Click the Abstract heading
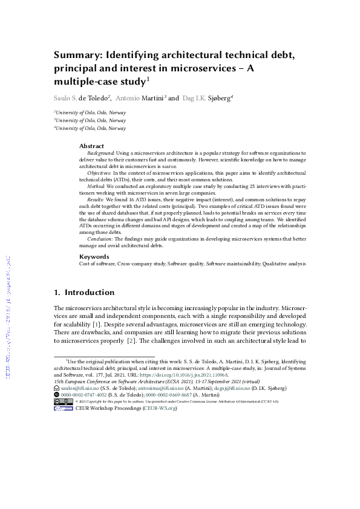click(92, 146)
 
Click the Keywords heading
click(94, 256)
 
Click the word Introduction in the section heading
click(90, 293)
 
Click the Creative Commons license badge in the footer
click(64, 401)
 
